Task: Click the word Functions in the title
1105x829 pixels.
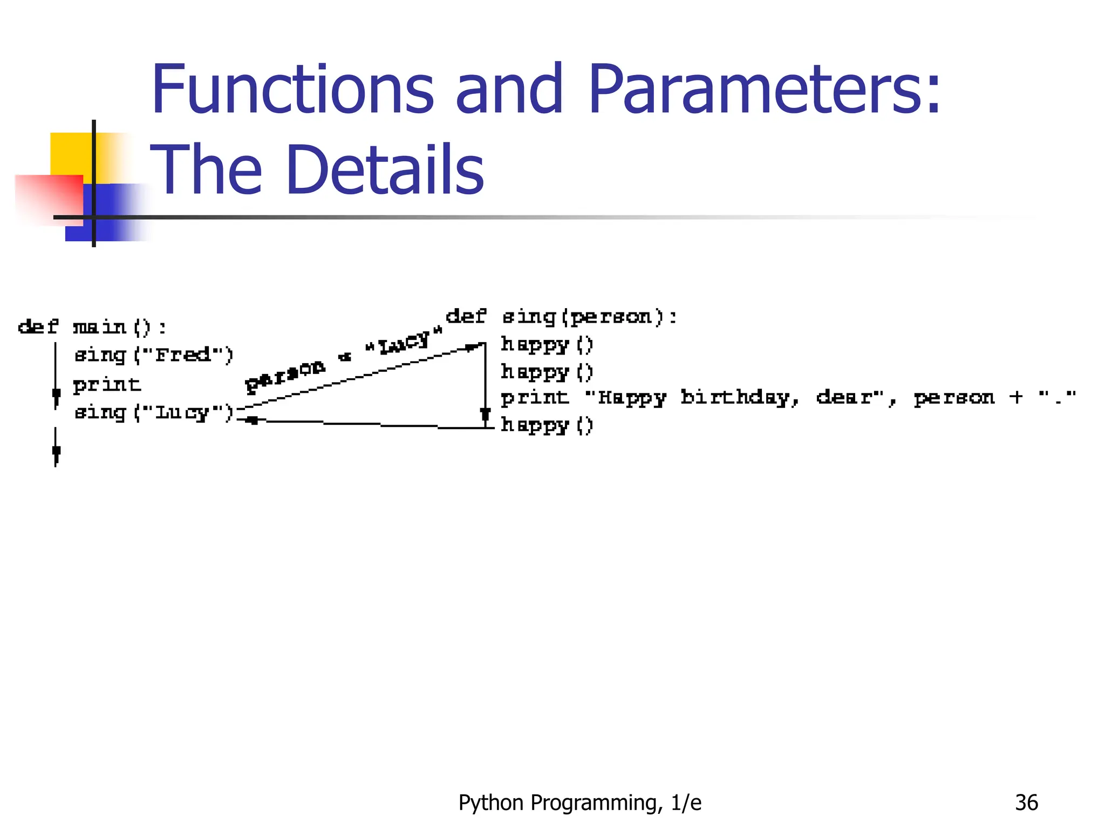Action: point(292,90)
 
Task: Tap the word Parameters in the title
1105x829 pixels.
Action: point(763,90)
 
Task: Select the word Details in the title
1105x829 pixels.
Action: point(385,170)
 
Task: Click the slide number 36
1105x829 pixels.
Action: point(1026,803)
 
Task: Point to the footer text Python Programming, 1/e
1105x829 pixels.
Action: point(579,803)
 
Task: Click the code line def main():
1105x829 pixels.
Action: point(92,327)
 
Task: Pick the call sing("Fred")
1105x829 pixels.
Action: point(154,355)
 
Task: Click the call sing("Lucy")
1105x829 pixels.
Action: point(154,413)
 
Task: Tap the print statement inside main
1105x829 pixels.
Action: point(107,385)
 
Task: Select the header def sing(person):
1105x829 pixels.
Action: point(561,317)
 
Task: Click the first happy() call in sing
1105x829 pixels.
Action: point(547,344)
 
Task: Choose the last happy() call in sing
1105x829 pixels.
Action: point(547,425)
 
